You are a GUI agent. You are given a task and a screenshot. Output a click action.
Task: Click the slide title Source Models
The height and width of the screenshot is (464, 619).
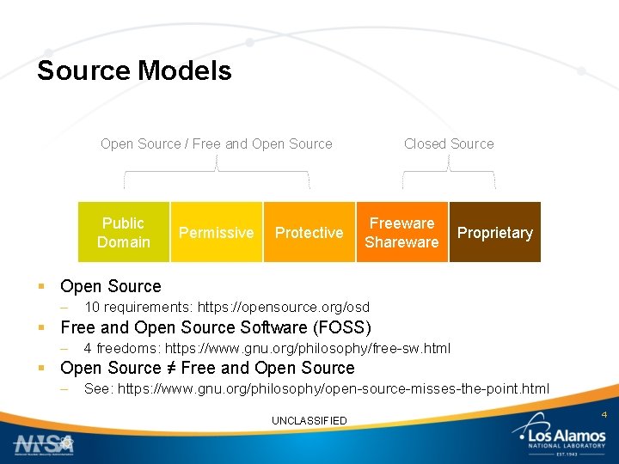(134, 70)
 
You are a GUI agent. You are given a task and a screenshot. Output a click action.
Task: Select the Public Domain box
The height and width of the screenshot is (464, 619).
(124, 232)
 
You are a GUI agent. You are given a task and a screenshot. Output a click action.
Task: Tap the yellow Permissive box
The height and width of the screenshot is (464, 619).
(216, 232)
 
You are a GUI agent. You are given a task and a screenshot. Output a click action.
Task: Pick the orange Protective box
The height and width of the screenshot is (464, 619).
(309, 232)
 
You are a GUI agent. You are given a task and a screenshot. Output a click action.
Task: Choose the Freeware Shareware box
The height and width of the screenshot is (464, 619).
(401, 232)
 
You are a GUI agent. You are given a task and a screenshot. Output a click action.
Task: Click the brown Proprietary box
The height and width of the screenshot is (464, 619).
(494, 232)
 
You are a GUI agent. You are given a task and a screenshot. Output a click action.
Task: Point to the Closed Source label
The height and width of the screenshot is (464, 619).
(449, 143)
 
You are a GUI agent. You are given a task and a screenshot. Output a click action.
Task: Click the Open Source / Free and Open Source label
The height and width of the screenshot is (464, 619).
(217, 143)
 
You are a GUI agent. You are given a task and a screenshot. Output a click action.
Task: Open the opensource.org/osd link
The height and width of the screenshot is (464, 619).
(284, 307)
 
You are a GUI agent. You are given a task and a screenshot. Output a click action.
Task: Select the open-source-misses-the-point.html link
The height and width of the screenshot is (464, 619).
(334, 388)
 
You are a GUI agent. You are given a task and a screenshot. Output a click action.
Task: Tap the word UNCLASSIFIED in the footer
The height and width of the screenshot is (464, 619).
(309, 420)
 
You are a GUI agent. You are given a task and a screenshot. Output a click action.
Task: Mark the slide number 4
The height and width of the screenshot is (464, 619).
(604, 415)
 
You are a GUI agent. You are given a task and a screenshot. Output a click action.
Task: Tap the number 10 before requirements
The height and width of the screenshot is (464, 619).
(92, 307)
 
